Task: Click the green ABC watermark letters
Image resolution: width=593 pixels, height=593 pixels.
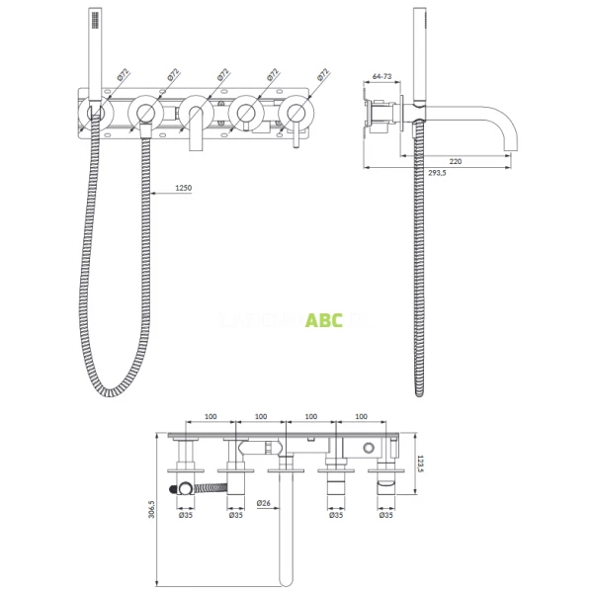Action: (x=323, y=319)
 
